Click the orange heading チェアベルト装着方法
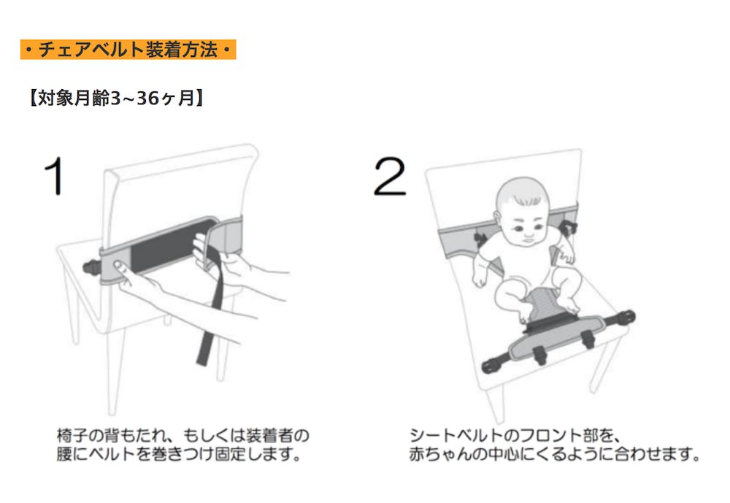point(128,50)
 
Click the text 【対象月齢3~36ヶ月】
point(116,98)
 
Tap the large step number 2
point(390,176)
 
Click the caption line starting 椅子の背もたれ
point(183,435)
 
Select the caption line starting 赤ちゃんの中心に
point(554,453)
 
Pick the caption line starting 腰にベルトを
point(179,453)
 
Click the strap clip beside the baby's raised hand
point(569,229)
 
